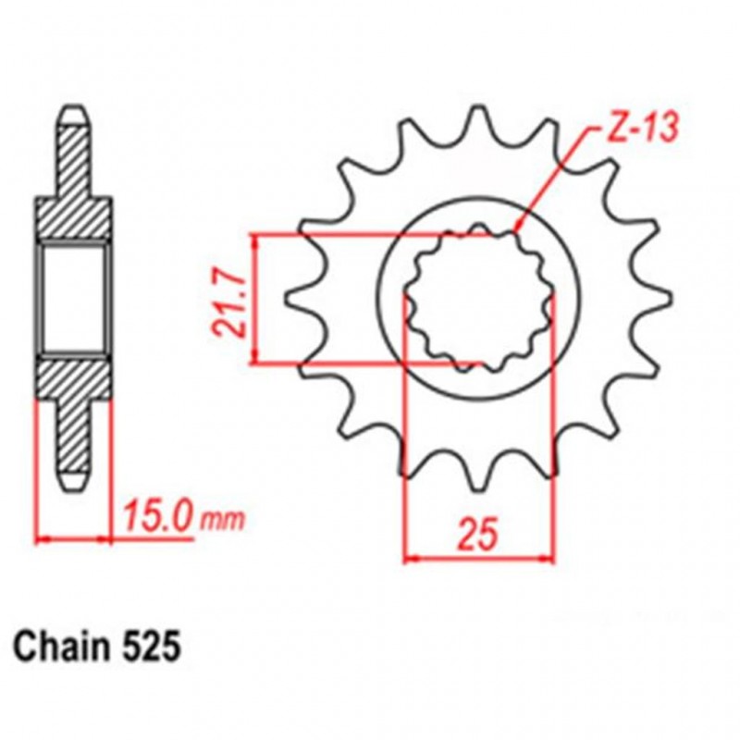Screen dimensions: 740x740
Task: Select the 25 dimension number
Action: tap(480, 534)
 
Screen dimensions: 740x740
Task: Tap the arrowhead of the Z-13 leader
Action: tap(519, 227)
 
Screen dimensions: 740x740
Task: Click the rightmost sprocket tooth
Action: tap(663, 298)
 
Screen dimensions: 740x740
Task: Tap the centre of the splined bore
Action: tap(480, 298)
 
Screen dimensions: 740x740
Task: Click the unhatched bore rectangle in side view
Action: tap(73, 298)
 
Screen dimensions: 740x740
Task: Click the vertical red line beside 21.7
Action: tap(256, 298)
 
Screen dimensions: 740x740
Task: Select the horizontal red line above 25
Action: tap(480, 558)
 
